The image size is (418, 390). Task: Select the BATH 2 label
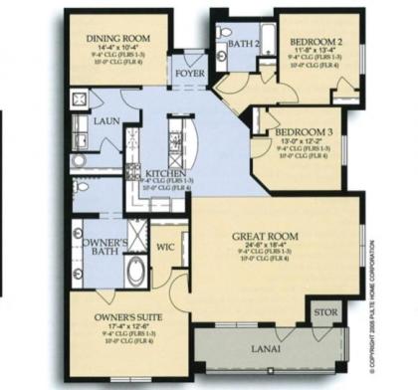243,44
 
